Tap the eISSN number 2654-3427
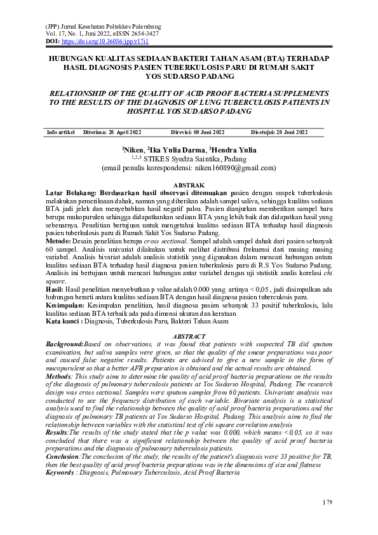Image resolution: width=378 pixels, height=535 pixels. pos(144,33)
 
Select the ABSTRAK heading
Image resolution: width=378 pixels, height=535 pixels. pos(189,183)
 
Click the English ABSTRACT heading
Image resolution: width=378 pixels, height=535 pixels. pos(189,336)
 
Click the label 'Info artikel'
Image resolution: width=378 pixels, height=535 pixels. pos(62,132)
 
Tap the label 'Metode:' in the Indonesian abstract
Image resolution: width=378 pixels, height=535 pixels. pos(59,241)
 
